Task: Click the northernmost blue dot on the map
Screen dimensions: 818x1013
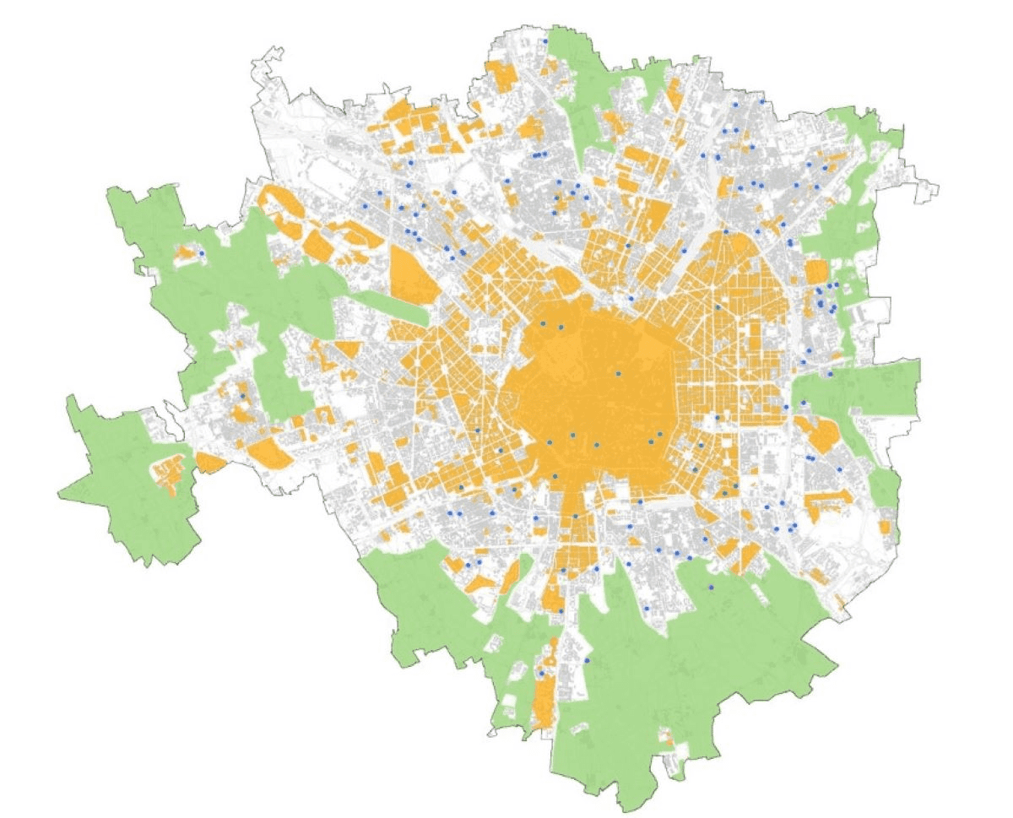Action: pos(545,41)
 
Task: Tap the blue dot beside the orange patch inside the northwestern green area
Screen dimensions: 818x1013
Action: pos(202,253)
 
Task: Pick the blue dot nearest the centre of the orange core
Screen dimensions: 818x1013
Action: pos(618,373)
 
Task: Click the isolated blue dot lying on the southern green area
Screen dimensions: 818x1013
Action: pos(712,587)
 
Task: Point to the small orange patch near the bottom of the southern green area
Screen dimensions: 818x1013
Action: pos(669,739)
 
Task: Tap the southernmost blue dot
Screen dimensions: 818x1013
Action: pos(541,673)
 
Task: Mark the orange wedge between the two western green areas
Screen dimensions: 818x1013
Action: pos(209,462)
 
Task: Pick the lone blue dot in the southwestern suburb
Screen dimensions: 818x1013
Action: pos(242,396)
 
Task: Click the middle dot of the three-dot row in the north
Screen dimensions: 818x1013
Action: pos(539,155)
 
